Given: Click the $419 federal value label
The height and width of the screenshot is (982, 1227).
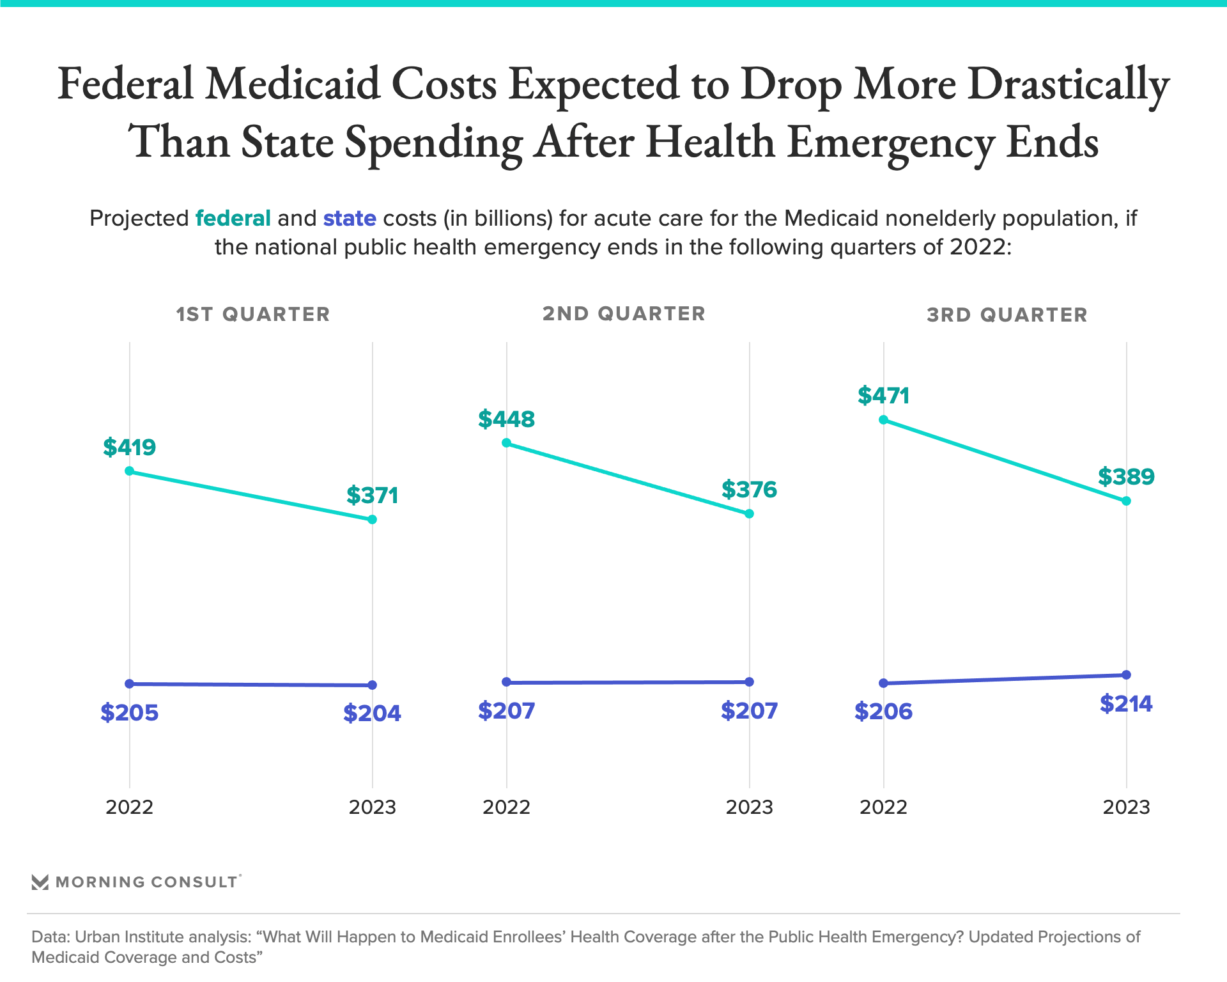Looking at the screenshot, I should pyautogui.click(x=130, y=447).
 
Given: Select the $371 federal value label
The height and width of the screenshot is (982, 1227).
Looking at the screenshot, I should pyautogui.click(x=373, y=495).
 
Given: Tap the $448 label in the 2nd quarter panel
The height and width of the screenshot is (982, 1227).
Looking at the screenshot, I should pyautogui.click(x=507, y=419).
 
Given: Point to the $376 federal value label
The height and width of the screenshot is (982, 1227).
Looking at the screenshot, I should pyautogui.click(x=750, y=490).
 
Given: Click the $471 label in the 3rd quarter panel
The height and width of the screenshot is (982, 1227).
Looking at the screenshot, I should pyautogui.click(x=884, y=396).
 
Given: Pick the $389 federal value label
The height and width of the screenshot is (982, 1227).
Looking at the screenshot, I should pyautogui.click(x=1127, y=477).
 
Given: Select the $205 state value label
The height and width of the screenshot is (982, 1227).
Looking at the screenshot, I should pyautogui.click(x=130, y=713).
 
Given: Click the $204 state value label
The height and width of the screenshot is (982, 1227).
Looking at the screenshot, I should pyautogui.click(x=373, y=713).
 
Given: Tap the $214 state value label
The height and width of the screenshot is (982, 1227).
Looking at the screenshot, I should pyautogui.click(x=1127, y=704).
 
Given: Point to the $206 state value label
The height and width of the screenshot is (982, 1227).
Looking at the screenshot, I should pyautogui.click(x=884, y=712).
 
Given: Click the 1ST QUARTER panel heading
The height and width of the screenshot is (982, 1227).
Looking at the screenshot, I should pyautogui.click(x=253, y=315).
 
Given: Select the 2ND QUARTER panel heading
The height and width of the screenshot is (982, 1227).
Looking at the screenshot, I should pyautogui.click(x=624, y=314).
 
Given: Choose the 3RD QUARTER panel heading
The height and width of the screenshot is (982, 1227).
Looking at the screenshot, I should pyautogui.click(x=1007, y=315).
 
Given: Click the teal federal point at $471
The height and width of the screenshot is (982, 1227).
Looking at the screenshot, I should pyautogui.click(x=884, y=420).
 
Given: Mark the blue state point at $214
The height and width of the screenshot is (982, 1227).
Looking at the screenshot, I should pyautogui.click(x=1127, y=675).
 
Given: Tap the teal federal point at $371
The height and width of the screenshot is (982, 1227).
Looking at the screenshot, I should pyautogui.click(x=373, y=520).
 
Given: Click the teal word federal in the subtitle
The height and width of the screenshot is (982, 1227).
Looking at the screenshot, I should pyautogui.click(x=233, y=219).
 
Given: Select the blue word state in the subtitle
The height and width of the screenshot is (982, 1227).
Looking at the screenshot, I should pyautogui.click(x=350, y=219).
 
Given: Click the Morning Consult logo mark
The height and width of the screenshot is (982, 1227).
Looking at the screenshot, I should pyautogui.click(x=40, y=882).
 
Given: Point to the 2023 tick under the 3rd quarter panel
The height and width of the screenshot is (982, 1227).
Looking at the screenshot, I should pyautogui.click(x=1127, y=807).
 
